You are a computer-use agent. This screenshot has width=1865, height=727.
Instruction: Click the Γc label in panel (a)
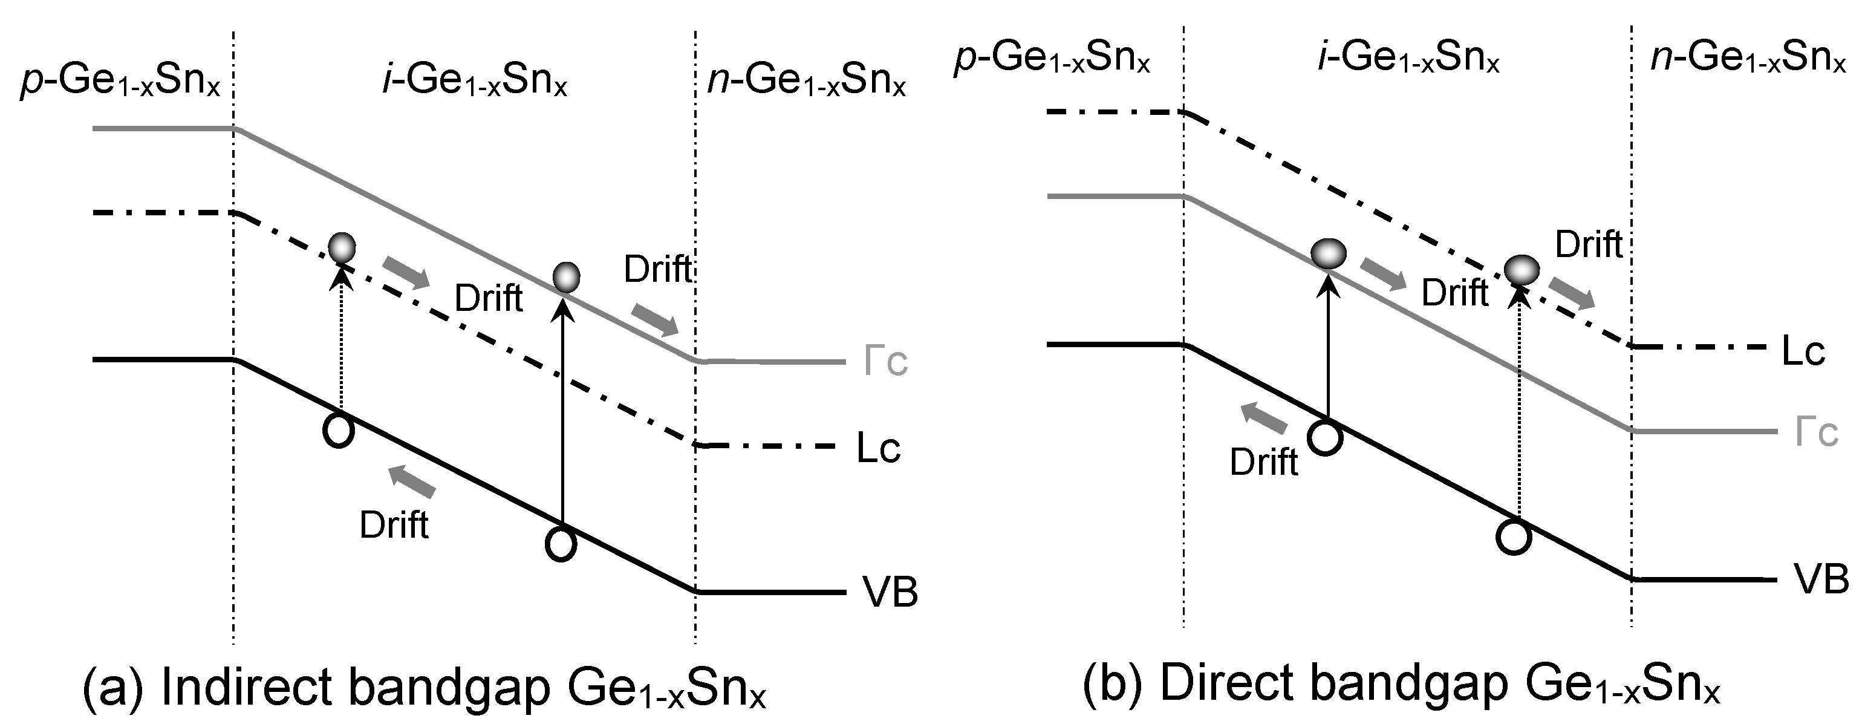point(885,361)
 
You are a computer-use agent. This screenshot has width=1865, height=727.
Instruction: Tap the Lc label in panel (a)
point(877,448)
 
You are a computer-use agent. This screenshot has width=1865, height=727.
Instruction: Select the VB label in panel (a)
point(889,591)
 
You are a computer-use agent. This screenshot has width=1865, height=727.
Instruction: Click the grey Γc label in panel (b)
point(1817,432)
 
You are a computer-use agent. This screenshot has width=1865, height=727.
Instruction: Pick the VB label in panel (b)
point(1821,579)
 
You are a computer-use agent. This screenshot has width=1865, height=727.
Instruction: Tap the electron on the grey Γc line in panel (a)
point(566,276)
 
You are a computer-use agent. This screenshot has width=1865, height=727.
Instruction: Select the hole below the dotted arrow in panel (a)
point(338,431)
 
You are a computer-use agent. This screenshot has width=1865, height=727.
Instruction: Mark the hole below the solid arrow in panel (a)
point(561,544)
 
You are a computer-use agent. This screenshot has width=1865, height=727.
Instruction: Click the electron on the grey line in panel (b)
point(1329,253)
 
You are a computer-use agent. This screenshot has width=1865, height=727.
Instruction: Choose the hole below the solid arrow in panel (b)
point(1326,438)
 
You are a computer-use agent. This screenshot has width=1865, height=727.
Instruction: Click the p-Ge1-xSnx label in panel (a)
point(120,81)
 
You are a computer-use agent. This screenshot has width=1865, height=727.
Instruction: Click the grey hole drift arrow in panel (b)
point(1264,419)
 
